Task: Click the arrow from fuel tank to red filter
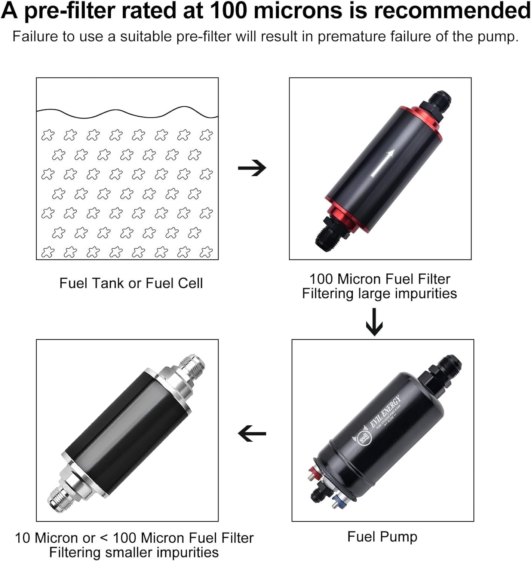point(252,168)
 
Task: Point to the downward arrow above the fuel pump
point(374,322)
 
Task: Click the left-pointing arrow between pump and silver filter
point(252,434)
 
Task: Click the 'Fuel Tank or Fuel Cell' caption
point(131,283)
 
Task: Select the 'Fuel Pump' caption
point(382,537)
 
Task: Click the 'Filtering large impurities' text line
point(379,294)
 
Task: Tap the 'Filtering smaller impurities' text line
point(134,552)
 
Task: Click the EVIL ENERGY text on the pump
point(386,412)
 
